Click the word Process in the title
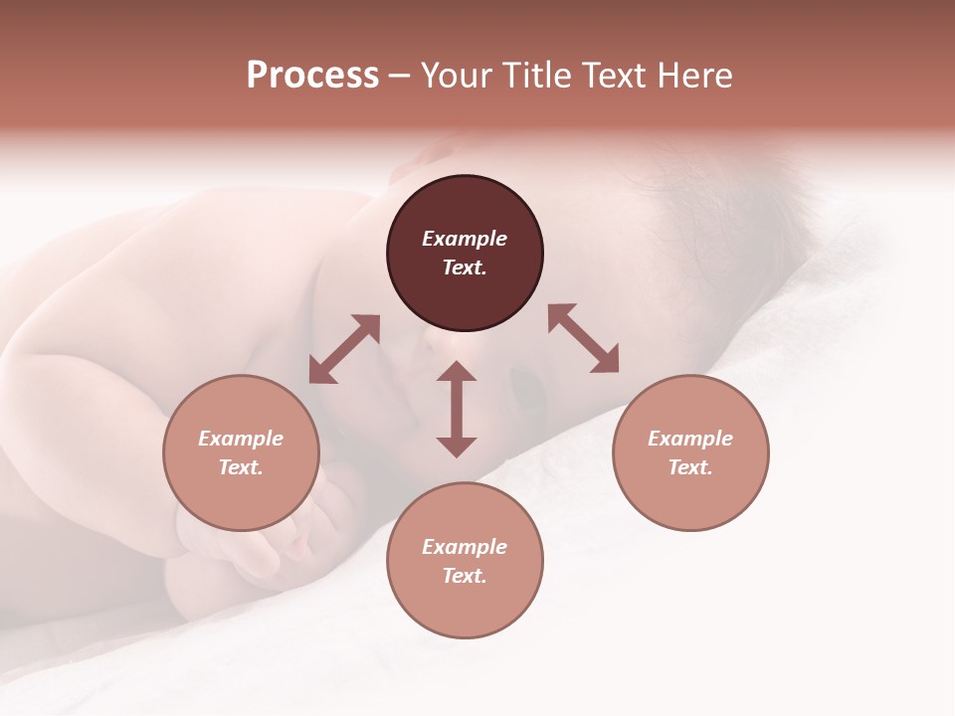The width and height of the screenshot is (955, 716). tap(312, 75)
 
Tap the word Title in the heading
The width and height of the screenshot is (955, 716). tap(536, 75)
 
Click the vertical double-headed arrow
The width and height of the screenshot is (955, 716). tap(457, 409)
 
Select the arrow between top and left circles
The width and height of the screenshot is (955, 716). tap(344, 349)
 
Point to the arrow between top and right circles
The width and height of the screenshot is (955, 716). tap(583, 338)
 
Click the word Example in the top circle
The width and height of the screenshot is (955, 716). tap(465, 239)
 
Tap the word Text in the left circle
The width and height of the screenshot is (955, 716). tap(241, 467)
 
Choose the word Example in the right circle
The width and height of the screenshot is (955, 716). tap(690, 439)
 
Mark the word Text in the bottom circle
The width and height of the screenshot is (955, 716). tap(465, 576)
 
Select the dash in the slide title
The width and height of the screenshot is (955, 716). tap(399, 76)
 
